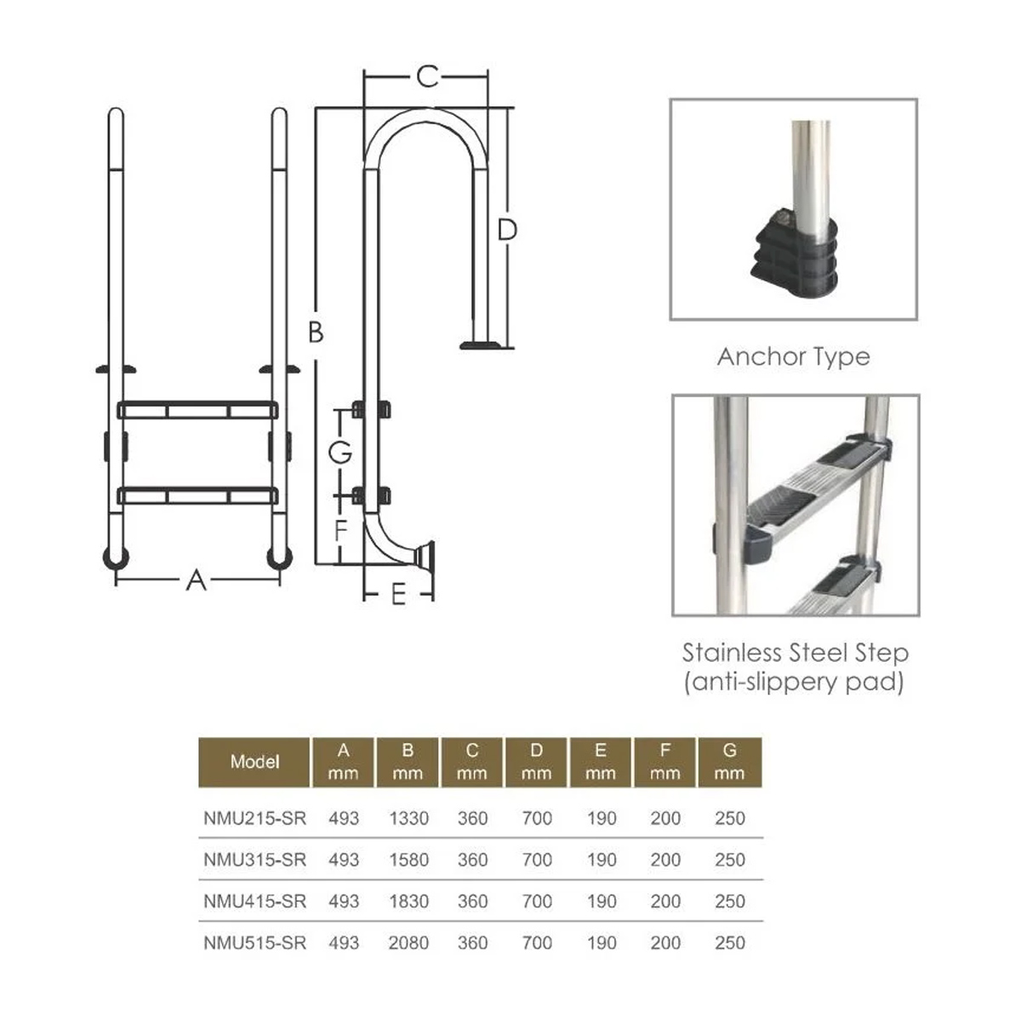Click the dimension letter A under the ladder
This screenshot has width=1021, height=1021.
coord(196,581)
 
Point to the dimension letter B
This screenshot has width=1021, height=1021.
coord(316,333)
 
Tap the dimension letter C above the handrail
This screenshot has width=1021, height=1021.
coord(427,77)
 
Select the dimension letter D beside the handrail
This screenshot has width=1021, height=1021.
coord(507,231)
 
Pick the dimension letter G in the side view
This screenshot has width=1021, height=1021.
coord(339,453)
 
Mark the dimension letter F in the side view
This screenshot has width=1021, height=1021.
coord(341,530)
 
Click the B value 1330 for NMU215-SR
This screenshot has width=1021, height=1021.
coord(408,819)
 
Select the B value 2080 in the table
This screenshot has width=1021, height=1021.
coord(408,943)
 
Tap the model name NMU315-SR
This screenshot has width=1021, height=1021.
coord(255,860)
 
